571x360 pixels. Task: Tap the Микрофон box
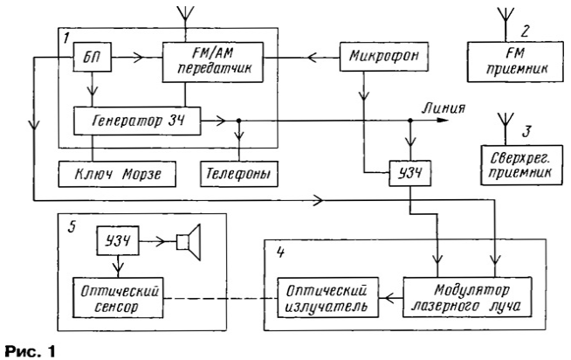pos(380,57)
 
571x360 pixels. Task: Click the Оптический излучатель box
pos(327,298)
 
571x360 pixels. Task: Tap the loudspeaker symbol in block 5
pos(186,240)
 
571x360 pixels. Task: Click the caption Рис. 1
pos(29,347)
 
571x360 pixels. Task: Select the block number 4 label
pos(278,248)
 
